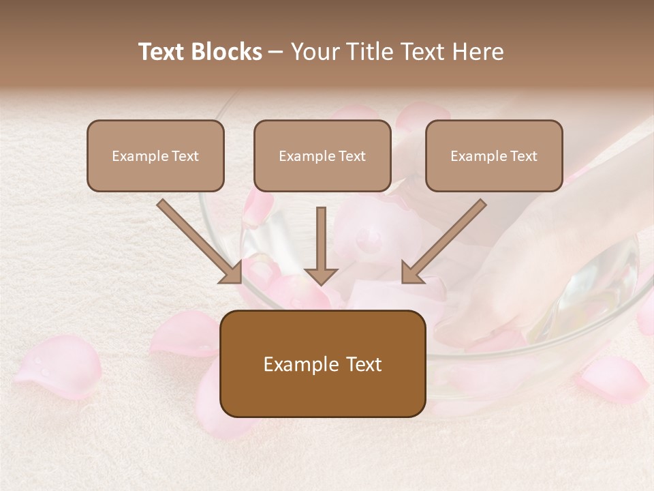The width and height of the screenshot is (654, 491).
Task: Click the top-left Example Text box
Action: point(155,155)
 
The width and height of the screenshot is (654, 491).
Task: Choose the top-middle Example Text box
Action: point(322,155)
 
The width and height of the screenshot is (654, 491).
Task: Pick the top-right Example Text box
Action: point(494,155)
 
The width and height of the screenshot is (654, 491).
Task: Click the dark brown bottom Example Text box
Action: point(322,363)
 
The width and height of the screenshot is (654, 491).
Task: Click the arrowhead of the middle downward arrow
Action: point(321,276)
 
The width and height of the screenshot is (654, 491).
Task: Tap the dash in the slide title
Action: point(276,53)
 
